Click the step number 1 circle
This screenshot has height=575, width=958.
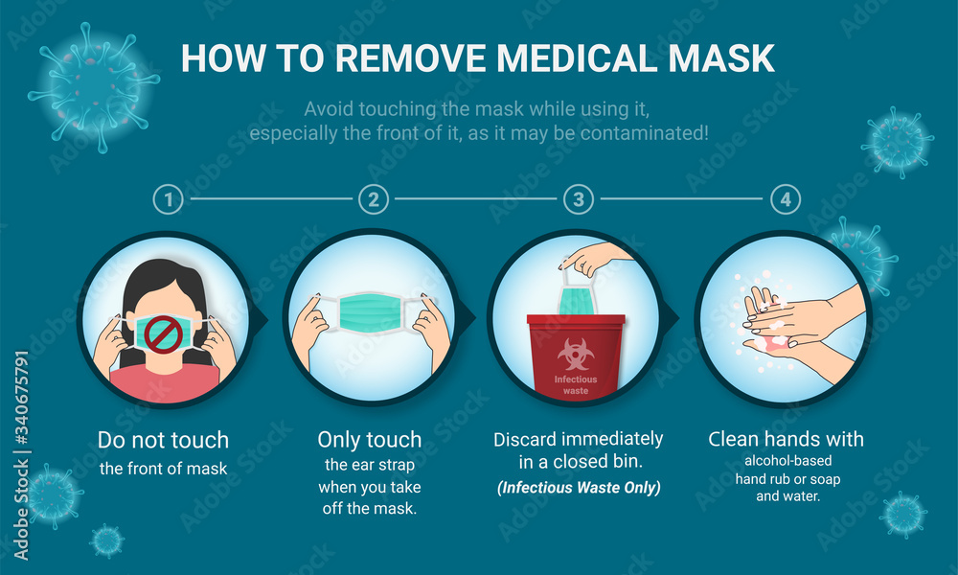169,199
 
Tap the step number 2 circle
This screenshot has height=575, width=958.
374,199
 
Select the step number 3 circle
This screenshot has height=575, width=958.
578,199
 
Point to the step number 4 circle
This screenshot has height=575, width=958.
785,199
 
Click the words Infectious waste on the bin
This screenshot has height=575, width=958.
576,384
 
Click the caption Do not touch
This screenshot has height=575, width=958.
163,441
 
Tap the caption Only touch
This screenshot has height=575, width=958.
369,441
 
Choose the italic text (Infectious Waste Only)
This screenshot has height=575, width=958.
578,488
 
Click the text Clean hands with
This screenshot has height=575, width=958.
786,440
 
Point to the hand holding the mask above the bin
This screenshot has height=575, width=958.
598,257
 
